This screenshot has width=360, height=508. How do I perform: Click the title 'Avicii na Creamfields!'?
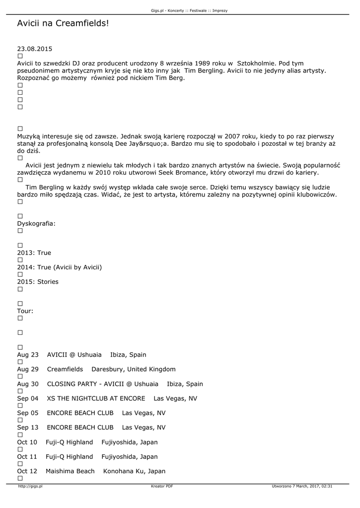(x=63, y=23)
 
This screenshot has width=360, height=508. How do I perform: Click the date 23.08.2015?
(x=34, y=49)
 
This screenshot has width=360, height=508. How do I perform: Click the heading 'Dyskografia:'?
(x=36, y=224)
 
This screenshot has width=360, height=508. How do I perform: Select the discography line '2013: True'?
(x=34, y=253)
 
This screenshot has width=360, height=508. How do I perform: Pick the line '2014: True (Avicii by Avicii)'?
(x=59, y=267)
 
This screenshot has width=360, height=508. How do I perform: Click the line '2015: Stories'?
(x=38, y=282)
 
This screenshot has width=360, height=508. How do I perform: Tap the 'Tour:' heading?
(x=25, y=311)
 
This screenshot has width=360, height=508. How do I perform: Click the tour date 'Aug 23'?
(x=28, y=355)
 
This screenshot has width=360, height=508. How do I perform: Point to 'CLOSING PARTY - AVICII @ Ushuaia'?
(x=103, y=384)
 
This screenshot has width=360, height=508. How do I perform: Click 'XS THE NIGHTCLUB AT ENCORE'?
(x=96, y=398)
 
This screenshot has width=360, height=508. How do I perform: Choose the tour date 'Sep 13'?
(x=28, y=427)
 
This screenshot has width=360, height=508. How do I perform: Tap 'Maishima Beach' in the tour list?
(x=70, y=471)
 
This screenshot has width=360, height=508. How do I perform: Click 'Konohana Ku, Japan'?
(x=134, y=471)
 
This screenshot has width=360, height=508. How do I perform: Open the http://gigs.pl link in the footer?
(x=30, y=486)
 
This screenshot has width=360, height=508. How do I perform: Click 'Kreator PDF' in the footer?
(x=162, y=486)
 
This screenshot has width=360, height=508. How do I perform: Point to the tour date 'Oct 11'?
(x=27, y=456)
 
